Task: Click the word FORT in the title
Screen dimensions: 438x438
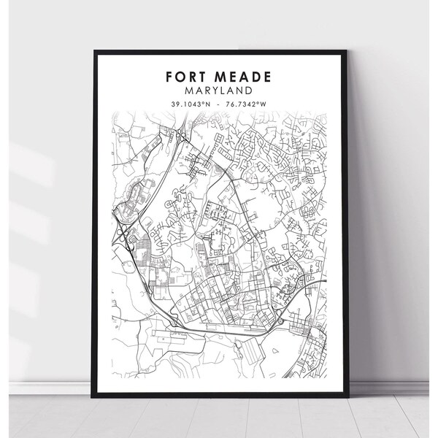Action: pos(187,77)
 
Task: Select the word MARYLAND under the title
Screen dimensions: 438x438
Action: pos(218,91)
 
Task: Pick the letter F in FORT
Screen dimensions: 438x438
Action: pos(170,77)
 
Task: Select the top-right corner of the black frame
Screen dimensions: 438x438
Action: pos(346,52)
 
